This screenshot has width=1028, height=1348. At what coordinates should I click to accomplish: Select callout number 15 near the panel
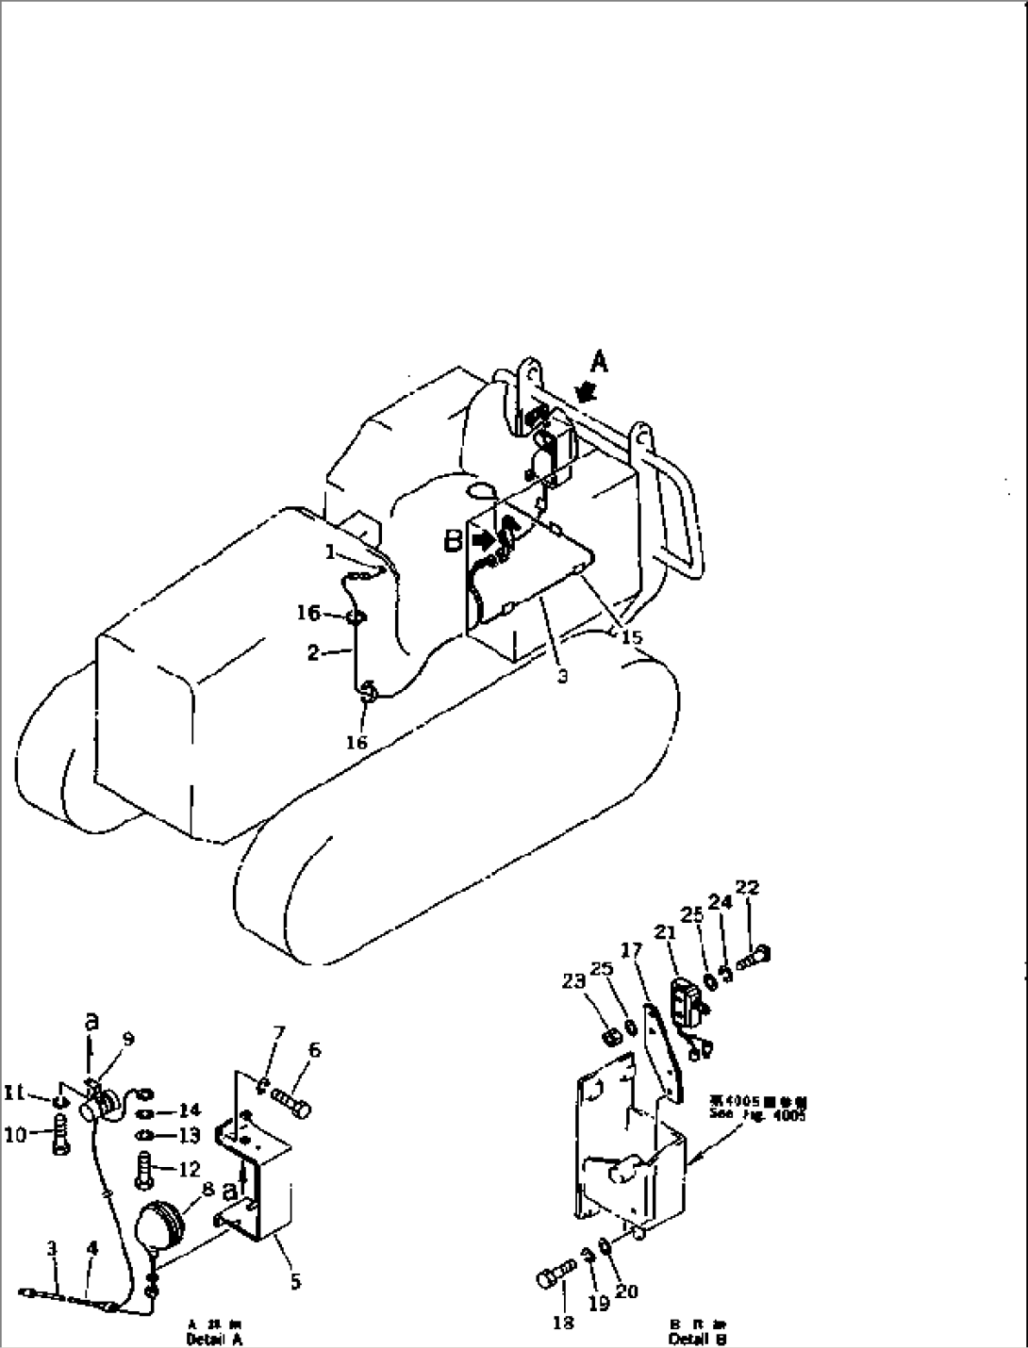tap(631, 637)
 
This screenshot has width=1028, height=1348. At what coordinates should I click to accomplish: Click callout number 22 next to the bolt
tap(748, 888)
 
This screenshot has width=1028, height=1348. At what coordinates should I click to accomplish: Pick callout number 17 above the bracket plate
tap(631, 947)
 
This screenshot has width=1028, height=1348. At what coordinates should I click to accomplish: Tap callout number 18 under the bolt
tap(563, 1323)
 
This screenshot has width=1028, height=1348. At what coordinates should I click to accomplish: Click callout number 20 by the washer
tap(626, 1291)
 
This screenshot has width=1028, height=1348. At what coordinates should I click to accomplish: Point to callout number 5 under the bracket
tap(296, 1282)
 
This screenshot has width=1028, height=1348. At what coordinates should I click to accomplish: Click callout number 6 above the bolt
tap(314, 1049)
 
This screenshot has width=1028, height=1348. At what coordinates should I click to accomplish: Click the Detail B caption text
tap(697, 1339)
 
